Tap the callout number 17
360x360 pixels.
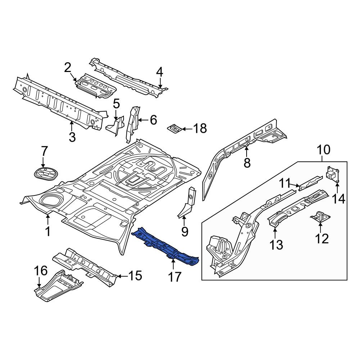[x=175, y=277]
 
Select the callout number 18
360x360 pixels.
[x=200, y=129]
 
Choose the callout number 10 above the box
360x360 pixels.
[x=324, y=149]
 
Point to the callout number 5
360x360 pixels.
[x=116, y=104]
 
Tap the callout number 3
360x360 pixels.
[x=72, y=137]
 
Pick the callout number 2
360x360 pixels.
[x=68, y=68]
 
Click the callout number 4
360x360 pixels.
[x=159, y=72]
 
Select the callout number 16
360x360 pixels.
[x=41, y=271]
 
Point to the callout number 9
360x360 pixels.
[x=185, y=231]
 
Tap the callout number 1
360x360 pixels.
[x=48, y=231]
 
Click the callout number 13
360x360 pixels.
[x=276, y=245]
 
